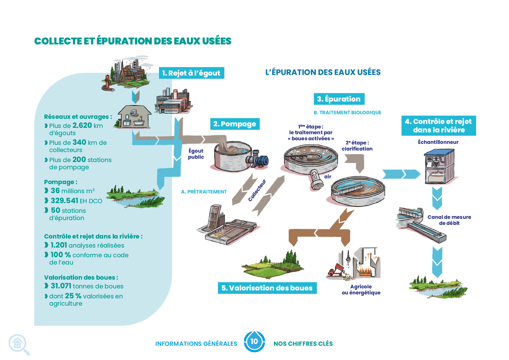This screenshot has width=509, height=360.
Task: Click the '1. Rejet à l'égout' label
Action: point(191,73)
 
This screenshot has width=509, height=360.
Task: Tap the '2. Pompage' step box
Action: point(235,124)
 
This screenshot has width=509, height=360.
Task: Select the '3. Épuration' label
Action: point(339,99)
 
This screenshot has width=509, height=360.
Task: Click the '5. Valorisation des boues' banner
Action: point(267,288)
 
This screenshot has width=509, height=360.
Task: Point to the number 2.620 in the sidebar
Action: point(82,125)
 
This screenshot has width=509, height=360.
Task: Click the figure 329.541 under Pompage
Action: point(65,200)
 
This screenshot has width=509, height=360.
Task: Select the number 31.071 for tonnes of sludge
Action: point(61,286)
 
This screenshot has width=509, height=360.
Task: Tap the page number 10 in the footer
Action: point(254,341)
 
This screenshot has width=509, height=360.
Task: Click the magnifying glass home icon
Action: point(19,344)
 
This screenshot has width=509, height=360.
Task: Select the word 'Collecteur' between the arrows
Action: point(257,190)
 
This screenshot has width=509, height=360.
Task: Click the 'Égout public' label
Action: point(196,154)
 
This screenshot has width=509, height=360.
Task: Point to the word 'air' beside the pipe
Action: point(328,177)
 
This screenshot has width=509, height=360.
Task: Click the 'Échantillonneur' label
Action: point(438,142)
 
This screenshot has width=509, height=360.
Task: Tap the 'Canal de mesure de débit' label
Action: point(449,220)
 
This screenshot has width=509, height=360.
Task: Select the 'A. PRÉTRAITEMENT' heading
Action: point(204,192)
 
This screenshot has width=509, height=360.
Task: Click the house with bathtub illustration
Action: point(135,117)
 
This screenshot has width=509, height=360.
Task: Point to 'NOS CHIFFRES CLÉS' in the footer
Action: point(303,344)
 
